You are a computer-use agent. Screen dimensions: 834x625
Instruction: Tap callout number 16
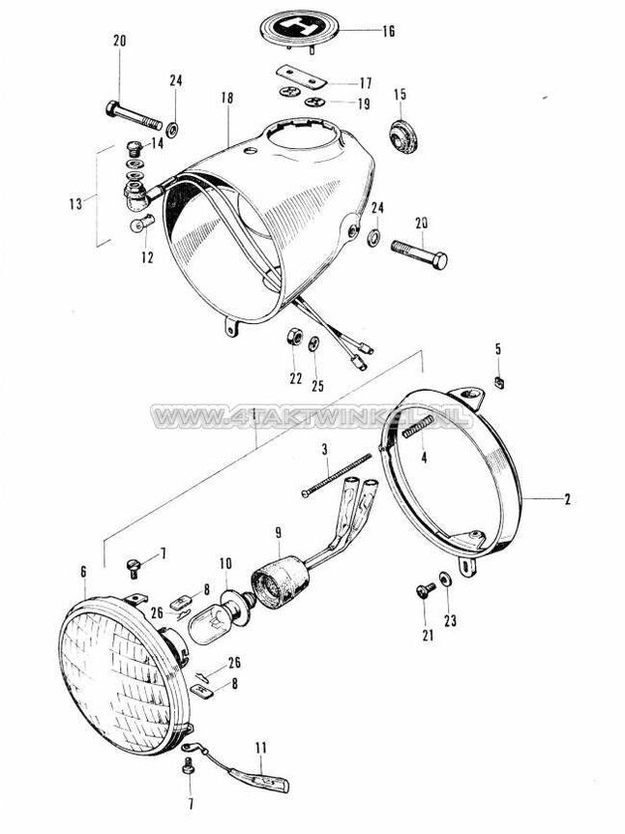tap(388, 31)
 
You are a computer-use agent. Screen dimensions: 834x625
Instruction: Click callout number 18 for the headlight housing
tap(227, 98)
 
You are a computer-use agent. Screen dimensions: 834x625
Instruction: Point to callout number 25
tap(317, 375)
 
